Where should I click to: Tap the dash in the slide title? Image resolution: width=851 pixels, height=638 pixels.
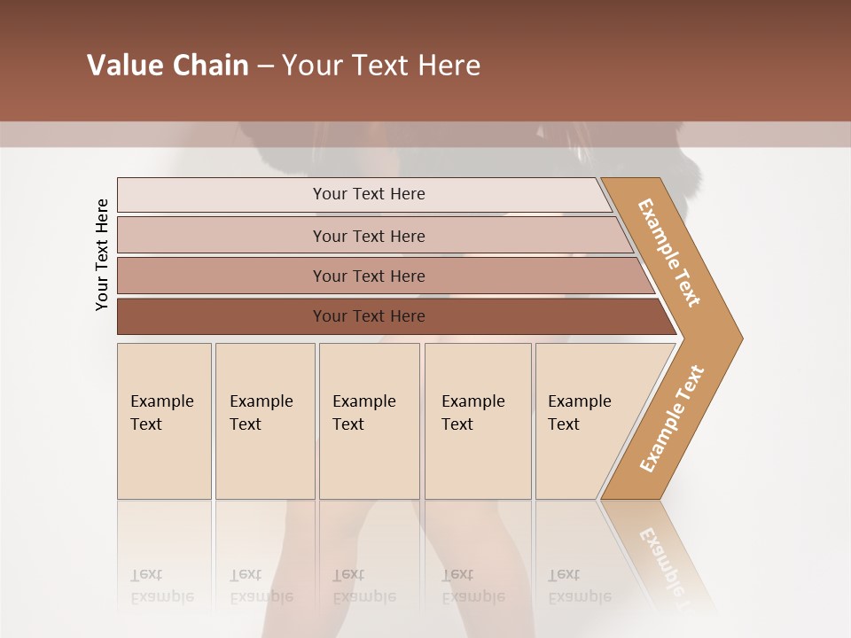click(x=265, y=66)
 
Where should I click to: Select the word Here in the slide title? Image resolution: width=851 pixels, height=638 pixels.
click(x=449, y=66)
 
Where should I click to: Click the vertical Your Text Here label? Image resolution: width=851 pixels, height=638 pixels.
click(x=102, y=254)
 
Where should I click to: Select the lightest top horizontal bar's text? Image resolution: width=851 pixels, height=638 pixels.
click(x=369, y=194)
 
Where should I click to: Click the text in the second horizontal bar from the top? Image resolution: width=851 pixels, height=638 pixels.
click(x=369, y=237)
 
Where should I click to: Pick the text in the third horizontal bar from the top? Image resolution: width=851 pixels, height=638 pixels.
click(x=369, y=276)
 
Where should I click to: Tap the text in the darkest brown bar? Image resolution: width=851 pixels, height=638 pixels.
click(x=369, y=316)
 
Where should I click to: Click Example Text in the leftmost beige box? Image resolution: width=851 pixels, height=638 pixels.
click(x=161, y=413)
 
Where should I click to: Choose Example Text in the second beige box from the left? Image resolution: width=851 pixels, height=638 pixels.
click(x=261, y=413)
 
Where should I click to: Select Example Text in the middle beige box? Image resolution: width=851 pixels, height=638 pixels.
click(x=363, y=413)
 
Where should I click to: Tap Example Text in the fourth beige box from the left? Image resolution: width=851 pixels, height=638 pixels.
click(x=472, y=413)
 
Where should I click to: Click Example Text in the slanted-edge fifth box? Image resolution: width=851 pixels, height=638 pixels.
click(x=579, y=413)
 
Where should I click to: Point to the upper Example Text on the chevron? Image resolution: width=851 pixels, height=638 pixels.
click(x=669, y=253)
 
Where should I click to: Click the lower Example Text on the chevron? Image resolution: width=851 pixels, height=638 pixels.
click(x=672, y=419)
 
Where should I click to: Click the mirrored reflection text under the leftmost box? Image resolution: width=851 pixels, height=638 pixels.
click(x=161, y=586)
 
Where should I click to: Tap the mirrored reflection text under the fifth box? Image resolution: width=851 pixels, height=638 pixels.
click(x=579, y=586)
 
